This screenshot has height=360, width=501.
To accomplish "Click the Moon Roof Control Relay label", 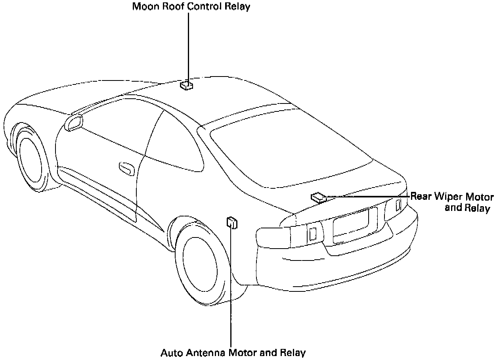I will tap(191, 7).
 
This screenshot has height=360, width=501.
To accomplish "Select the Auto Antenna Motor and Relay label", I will tap(233, 352).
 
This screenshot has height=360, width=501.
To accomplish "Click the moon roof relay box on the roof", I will tap(186, 85).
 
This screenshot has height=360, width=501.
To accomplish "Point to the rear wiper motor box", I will tap(319, 197).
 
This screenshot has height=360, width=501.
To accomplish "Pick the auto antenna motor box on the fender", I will tap(232, 223).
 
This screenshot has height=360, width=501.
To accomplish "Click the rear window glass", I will tap(291, 151).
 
